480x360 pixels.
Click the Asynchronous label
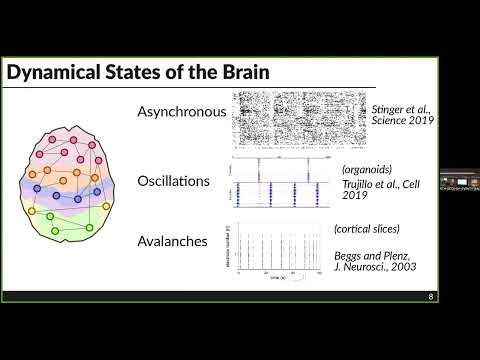pos(182,112)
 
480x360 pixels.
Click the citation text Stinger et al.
pos(399,108)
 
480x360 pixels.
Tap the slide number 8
pos(431,296)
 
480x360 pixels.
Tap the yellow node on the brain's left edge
pos(32,211)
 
